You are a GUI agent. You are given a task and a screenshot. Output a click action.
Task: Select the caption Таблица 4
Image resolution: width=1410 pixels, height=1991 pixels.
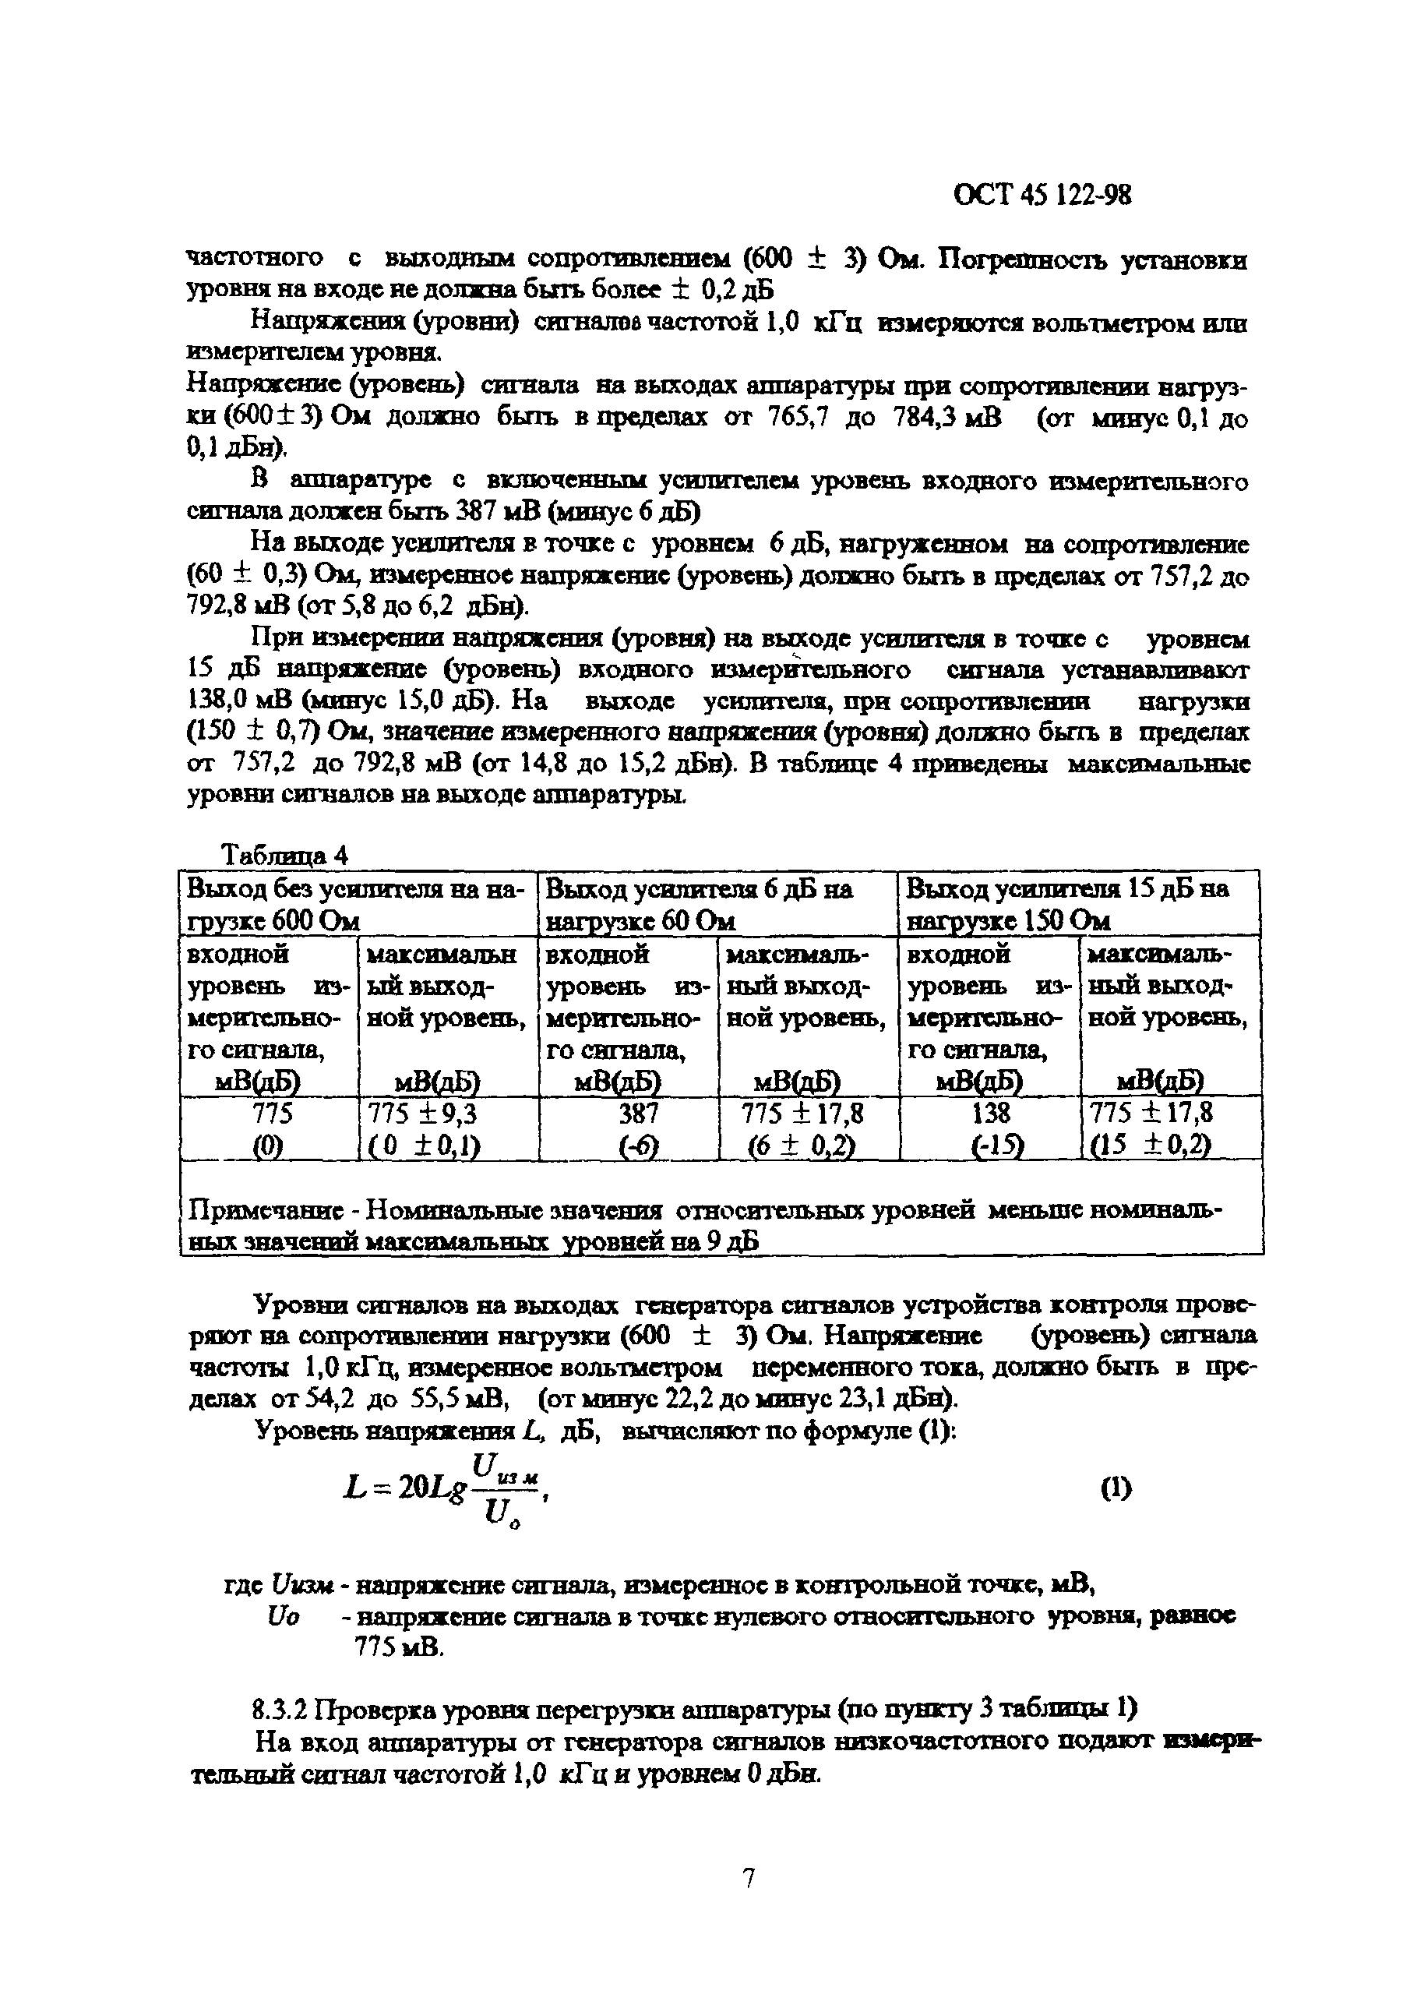click(x=285, y=856)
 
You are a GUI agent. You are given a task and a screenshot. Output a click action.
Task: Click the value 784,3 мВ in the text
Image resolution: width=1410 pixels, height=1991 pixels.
click(x=946, y=418)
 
